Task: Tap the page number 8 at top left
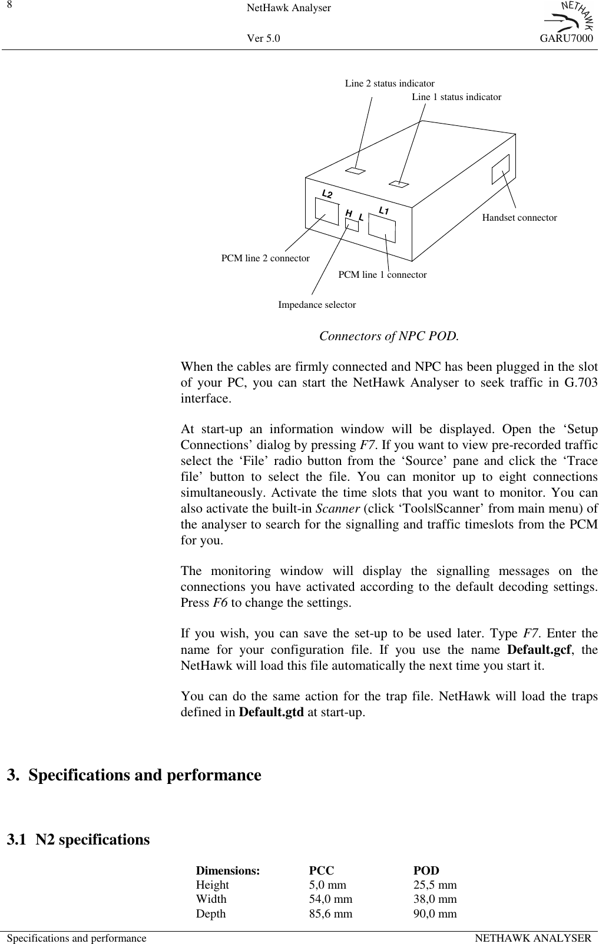pos(9,5)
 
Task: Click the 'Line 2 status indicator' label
pos(389,84)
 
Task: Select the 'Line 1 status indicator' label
pos(456,97)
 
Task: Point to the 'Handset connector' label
pos(519,218)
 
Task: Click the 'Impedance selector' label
pos(316,305)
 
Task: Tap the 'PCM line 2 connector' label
pos(265,258)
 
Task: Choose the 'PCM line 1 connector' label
pos(382,275)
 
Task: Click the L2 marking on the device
pos(327,194)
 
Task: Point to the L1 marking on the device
pos(384,210)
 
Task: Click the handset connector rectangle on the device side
pos(500,169)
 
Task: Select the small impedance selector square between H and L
pos(352,224)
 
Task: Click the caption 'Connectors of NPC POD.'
pos(389,337)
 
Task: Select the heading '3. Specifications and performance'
pos(134,775)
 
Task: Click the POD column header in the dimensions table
pos(426,870)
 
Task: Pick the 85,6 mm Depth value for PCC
pos(330,913)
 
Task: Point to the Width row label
pos(211,899)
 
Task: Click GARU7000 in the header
pos(565,39)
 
